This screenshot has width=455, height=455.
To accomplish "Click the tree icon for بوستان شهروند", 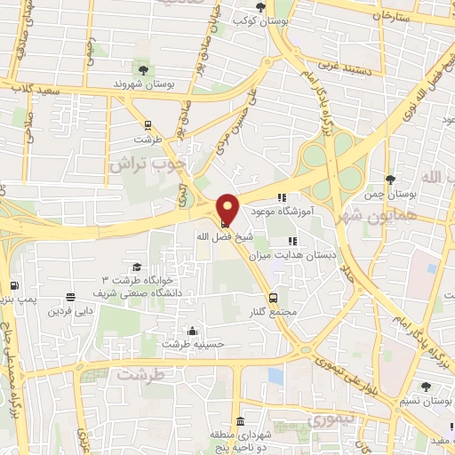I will click(141, 69).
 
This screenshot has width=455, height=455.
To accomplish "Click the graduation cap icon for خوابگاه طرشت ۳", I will click(137, 267).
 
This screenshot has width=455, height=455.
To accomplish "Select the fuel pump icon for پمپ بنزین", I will click(13, 286).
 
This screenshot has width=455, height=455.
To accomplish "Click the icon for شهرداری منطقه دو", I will click(241, 420).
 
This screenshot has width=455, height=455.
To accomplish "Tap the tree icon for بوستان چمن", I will click(390, 180).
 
